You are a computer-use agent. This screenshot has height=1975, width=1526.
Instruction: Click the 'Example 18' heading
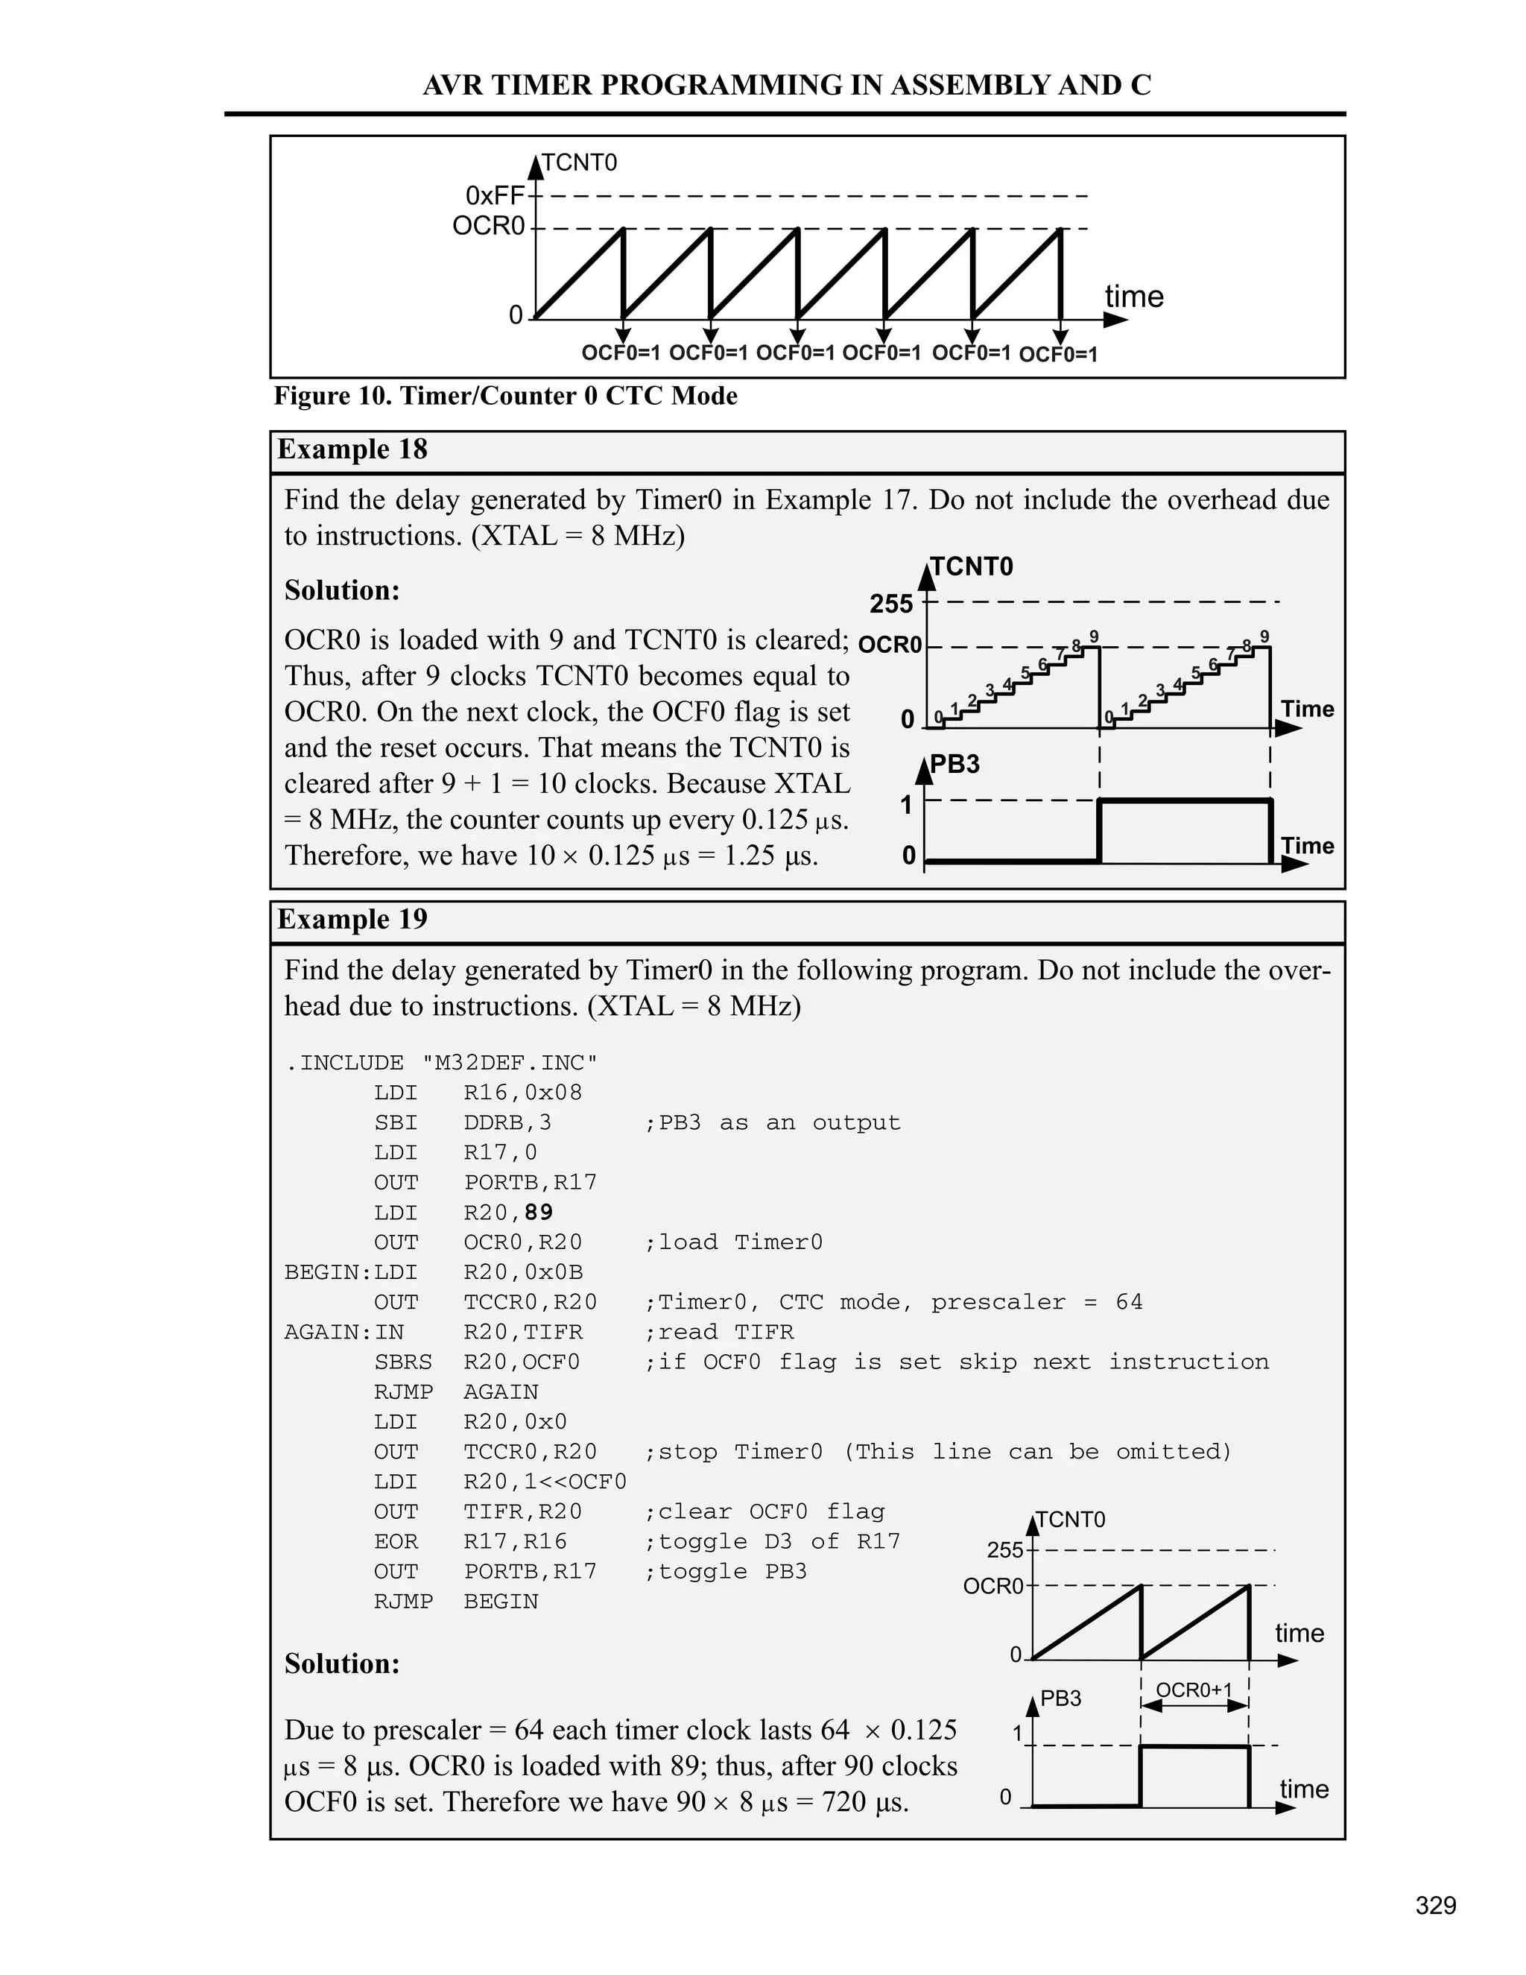coord(352,449)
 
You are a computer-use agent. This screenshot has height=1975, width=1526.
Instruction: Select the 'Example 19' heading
coord(352,920)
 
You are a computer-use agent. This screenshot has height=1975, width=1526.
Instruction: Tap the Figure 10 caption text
coord(505,396)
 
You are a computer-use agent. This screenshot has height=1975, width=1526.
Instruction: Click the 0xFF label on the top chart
coord(495,195)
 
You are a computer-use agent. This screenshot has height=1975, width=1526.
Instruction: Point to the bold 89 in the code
coord(538,1213)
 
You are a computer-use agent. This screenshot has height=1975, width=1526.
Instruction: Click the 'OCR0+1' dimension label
coord(1194,1690)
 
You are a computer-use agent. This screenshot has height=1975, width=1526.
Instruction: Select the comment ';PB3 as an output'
coord(772,1123)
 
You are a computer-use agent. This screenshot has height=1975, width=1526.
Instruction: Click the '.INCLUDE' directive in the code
coord(344,1063)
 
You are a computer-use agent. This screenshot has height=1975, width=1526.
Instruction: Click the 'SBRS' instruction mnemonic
coord(403,1362)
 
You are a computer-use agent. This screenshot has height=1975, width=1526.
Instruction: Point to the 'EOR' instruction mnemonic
coord(396,1542)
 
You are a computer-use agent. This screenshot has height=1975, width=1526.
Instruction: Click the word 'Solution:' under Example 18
coord(342,590)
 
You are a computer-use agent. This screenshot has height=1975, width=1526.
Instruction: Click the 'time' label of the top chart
coord(1133,297)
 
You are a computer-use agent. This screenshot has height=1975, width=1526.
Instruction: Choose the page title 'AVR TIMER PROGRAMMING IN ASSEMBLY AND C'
coord(787,85)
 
